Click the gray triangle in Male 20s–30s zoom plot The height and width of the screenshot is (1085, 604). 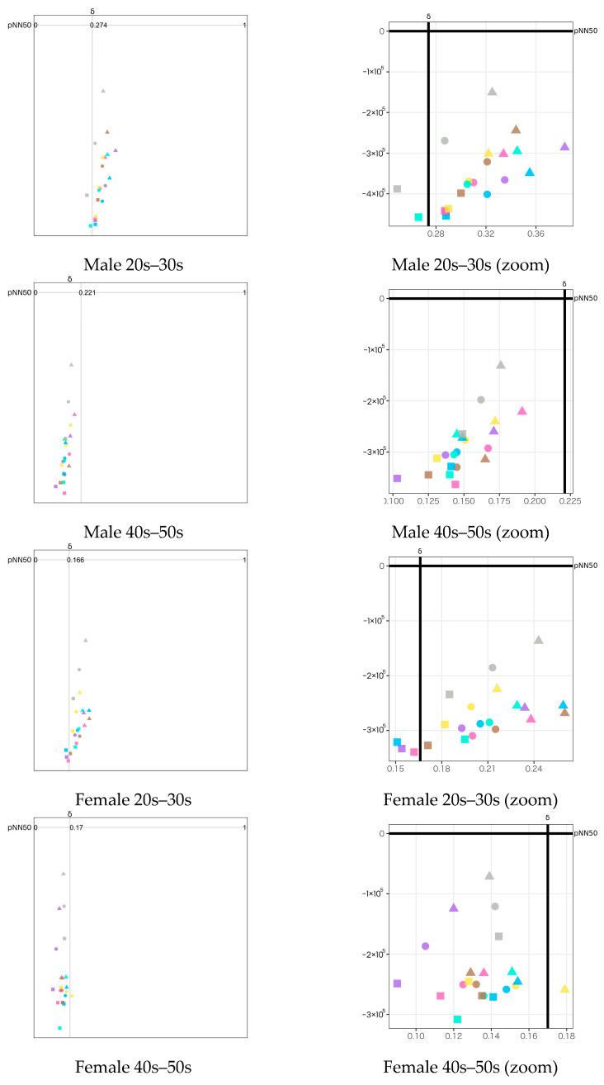[x=492, y=92]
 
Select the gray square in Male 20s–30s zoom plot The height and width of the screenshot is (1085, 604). [x=397, y=189]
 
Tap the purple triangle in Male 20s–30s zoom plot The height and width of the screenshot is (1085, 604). [x=564, y=146]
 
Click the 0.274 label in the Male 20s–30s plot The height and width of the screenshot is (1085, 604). [x=99, y=26]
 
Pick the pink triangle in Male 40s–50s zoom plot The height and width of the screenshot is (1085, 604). [x=521, y=410]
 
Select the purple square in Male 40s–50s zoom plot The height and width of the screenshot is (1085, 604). [x=397, y=478]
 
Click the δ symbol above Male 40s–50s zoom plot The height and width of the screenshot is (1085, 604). [x=564, y=284]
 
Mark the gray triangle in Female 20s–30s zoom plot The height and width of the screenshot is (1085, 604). [x=539, y=640]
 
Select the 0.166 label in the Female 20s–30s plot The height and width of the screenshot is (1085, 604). [x=76, y=561]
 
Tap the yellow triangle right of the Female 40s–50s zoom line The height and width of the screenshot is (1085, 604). [x=564, y=988]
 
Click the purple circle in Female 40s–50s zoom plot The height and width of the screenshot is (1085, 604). [x=425, y=946]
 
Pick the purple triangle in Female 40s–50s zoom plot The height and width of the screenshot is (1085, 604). [x=453, y=907]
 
